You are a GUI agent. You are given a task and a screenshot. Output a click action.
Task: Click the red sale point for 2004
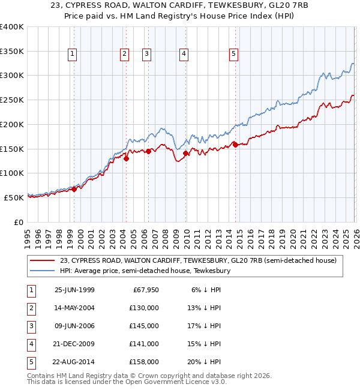click(126, 158)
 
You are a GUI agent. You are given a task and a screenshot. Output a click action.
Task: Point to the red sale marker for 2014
click(235, 145)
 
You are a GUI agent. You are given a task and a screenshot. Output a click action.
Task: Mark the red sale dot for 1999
click(74, 189)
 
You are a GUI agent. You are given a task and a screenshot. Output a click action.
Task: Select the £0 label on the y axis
click(18, 222)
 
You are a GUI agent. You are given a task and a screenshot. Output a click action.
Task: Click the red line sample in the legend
click(43, 260)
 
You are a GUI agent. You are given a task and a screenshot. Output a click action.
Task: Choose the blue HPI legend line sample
click(43, 271)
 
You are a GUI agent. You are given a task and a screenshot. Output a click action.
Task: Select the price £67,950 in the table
click(144, 289)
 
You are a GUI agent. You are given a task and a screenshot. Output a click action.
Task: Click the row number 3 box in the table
click(29, 326)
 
